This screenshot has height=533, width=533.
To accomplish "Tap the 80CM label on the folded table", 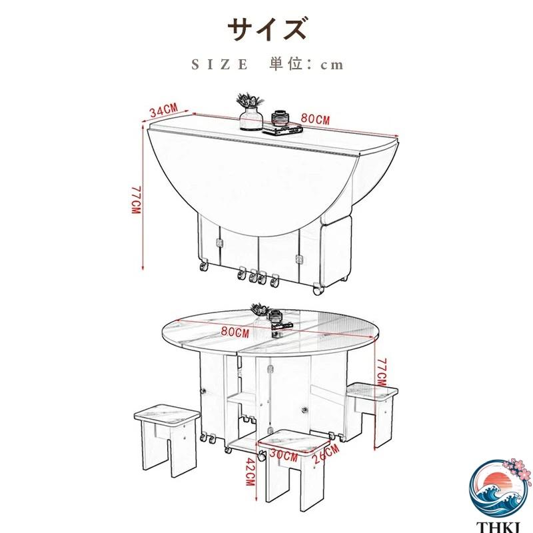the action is (x=315, y=119).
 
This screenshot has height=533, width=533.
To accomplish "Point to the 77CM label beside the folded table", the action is (x=136, y=200).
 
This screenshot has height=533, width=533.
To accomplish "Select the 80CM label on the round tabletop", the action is (x=235, y=331).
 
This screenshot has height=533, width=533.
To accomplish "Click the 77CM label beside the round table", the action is (x=382, y=372).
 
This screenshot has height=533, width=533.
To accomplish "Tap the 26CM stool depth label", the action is (x=326, y=454).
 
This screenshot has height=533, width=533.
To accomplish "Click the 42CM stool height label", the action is (x=251, y=472).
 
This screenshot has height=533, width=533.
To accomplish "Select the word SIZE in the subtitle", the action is (x=220, y=64).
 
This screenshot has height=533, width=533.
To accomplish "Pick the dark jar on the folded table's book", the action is (x=280, y=119).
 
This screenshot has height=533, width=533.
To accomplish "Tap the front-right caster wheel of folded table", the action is (x=318, y=289).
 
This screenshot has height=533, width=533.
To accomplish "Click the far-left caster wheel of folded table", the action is (x=204, y=265).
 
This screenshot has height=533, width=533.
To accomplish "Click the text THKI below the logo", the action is (x=498, y=528).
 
